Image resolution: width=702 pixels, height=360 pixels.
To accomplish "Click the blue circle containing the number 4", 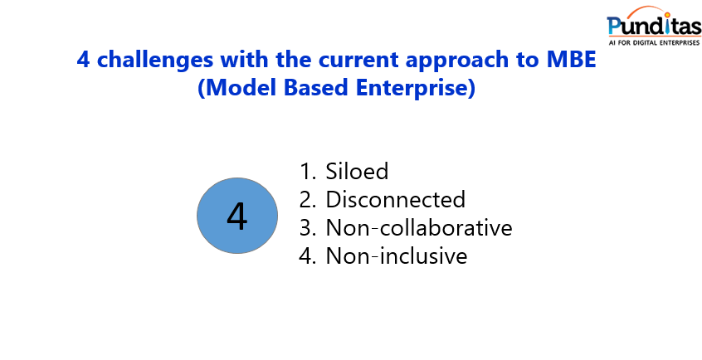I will pos(236,216).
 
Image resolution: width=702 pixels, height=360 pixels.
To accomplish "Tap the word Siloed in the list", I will pos(357,172).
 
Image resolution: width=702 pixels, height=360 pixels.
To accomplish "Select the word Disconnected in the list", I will pos(395,200).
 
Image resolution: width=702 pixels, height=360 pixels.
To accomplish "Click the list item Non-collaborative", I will pos(418,228).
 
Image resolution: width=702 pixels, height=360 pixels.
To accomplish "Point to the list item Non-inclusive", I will pos(396,256).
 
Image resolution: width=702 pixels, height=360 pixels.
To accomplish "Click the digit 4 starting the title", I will pos(82,60).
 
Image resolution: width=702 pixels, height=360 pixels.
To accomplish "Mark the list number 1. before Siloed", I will pos(308,172).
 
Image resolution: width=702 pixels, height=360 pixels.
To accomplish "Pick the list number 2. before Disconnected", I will pos(308,200).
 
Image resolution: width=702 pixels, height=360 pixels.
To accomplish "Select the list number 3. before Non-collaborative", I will pos(308,228).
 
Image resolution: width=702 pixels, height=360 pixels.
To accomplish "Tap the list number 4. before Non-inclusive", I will pos(308,256).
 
